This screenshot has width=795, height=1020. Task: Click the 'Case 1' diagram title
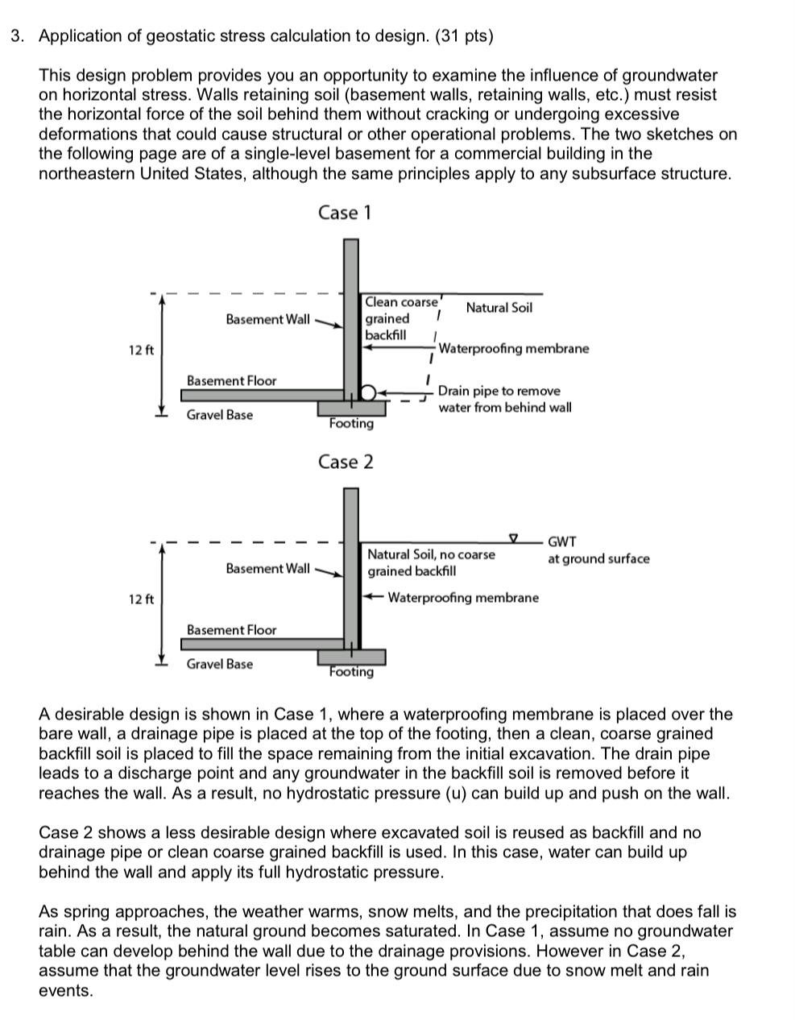tap(345, 213)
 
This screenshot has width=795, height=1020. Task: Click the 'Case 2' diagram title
tap(346, 462)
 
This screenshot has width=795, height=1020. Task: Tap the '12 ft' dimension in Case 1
tap(141, 350)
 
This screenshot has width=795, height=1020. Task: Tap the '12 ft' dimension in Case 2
tap(141, 599)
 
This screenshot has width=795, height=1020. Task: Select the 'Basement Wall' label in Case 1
tap(267, 320)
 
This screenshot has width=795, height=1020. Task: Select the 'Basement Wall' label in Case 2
tap(267, 569)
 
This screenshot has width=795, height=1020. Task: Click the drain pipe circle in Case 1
tap(368, 392)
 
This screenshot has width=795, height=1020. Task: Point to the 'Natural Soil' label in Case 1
tap(499, 308)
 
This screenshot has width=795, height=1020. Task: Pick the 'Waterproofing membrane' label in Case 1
tap(513, 349)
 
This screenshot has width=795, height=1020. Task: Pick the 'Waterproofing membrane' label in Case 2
tap(463, 598)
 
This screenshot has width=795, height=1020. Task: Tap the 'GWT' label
tap(561, 542)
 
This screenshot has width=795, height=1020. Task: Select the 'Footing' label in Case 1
tap(351, 424)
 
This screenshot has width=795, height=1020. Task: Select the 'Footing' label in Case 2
tap(351, 672)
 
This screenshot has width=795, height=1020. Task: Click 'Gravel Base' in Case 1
tap(219, 415)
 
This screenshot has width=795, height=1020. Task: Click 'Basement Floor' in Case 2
tap(231, 630)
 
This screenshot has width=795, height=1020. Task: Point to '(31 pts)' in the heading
tap(464, 36)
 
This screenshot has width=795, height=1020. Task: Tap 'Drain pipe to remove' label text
tap(499, 391)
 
